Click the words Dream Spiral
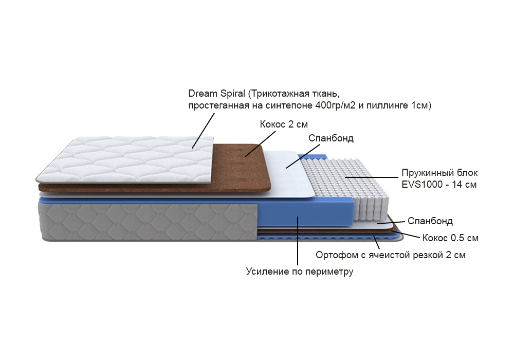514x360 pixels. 217,94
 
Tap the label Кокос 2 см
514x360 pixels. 284,124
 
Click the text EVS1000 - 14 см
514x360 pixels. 439,184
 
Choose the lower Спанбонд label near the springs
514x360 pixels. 430,221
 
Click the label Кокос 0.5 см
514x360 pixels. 450,238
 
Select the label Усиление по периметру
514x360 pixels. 300,272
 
